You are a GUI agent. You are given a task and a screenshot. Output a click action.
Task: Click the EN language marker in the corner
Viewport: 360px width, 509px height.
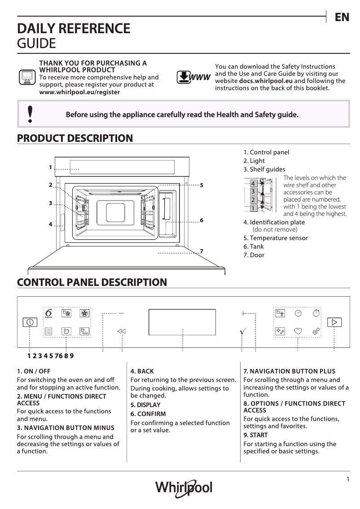pos(342,18)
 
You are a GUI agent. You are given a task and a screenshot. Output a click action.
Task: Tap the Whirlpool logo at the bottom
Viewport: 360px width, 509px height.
pos(184,487)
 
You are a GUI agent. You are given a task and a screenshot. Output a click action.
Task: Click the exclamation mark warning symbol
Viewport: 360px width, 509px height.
pos(30,114)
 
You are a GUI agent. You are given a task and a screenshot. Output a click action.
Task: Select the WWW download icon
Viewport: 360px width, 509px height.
pos(193,77)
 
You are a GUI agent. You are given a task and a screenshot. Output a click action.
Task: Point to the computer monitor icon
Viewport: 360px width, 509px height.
pos(26,78)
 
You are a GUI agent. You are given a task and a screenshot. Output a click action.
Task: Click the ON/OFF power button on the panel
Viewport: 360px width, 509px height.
pos(30,322)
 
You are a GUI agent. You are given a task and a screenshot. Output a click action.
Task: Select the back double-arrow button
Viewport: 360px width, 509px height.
pos(122,331)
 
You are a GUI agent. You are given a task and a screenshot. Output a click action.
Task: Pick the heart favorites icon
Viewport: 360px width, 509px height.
pos(298,331)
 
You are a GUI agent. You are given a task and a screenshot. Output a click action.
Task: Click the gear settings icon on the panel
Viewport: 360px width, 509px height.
pos(316,331)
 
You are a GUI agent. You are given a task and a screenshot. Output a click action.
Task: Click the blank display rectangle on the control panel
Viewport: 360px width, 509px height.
pos(182,322)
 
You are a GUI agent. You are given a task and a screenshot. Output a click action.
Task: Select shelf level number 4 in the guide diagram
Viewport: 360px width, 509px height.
pos(254,184)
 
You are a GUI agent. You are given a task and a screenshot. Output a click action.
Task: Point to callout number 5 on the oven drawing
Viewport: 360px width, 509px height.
pos(202,185)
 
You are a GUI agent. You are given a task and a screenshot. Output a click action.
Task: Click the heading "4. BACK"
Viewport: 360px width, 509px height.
pos(142,371)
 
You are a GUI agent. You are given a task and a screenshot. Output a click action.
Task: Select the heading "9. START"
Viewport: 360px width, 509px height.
pos(255,435)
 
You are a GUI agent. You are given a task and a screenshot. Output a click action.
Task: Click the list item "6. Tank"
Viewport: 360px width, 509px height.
pos(254,246)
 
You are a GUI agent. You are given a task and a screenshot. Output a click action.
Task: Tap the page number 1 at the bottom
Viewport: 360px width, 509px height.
pos(348,479)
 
